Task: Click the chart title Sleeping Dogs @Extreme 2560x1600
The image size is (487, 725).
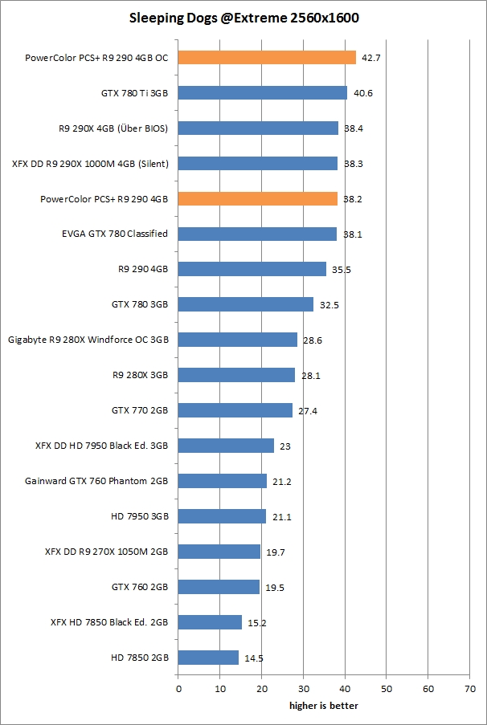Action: pos(243,16)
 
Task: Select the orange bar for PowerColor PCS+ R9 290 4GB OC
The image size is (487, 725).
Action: pos(267,57)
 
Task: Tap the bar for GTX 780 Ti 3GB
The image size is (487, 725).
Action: pos(262,92)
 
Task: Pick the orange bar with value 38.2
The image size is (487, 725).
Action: pos(257,198)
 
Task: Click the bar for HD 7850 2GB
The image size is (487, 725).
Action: pos(208,658)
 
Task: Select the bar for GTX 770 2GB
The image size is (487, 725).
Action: pos(235,410)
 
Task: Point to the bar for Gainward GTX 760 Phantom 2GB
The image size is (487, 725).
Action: pos(222,481)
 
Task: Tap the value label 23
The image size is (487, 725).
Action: pos(285,446)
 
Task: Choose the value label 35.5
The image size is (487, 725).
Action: pos(342,270)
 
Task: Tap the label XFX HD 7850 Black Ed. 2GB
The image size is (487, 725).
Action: pos(108,622)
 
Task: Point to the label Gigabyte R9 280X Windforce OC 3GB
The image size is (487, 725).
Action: pos(88,340)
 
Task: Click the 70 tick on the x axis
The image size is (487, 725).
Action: pos(469,688)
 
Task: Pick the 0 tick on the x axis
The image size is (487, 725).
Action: pos(178,688)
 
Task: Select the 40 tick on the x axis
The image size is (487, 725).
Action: pos(345,688)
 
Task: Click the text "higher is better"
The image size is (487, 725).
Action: pos(324,706)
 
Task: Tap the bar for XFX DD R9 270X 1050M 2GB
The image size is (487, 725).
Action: pos(219,552)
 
